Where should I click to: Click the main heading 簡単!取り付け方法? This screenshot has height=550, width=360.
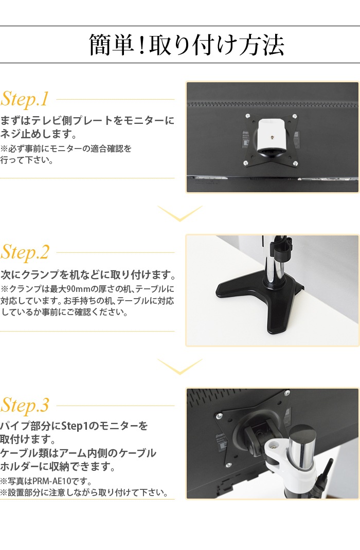(x=186, y=45)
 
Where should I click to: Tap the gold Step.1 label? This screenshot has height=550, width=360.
(x=25, y=99)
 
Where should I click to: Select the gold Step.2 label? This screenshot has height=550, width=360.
(x=25, y=252)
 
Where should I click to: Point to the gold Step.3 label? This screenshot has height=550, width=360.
(x=25, y=406)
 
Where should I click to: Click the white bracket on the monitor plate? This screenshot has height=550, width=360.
(x=272, y=137)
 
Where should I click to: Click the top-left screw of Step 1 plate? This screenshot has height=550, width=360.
(x=248, y=116)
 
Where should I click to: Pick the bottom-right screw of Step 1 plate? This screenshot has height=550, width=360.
(x=295, y=162)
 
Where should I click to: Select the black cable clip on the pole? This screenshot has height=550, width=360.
(x=283, y=249)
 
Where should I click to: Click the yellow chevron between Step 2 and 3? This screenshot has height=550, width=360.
(x=180, y=366)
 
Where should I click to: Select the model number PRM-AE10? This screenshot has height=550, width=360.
(x=51, y=481)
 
